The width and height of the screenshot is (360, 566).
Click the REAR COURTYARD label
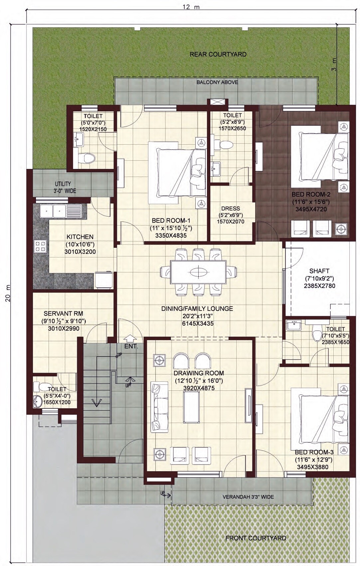point(218,54)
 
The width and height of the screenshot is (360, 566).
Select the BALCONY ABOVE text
point(217,82)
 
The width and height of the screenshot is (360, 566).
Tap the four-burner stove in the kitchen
point(41,246)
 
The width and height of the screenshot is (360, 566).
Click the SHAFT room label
point(319,271)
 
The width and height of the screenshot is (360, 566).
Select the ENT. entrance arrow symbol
point(130,338)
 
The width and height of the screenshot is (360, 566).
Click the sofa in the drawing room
point(159,407)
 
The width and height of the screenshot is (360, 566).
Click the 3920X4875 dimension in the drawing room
point(199,388)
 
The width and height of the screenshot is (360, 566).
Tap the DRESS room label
point(230,209)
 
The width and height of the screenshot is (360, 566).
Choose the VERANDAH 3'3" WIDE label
point(248,497)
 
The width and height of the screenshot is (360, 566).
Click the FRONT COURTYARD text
point(256,538)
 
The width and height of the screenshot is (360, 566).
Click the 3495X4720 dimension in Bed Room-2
point(311,210)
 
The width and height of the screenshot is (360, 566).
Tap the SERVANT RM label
point(63,313)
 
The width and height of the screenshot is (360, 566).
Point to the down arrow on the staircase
point(96,403)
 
